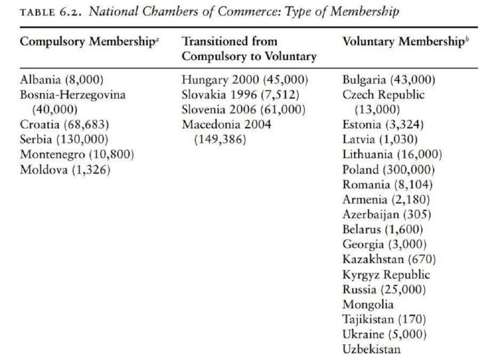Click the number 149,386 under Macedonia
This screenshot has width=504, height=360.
(x=220, y=140)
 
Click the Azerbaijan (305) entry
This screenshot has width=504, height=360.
(x=386, y=215)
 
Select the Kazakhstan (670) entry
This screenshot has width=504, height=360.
(x=389, y=259)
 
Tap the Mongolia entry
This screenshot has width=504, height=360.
(x=368, y=304)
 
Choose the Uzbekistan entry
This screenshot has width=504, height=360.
(x=372, y=349)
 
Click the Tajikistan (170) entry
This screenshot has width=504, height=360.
(x=384, y=319)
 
